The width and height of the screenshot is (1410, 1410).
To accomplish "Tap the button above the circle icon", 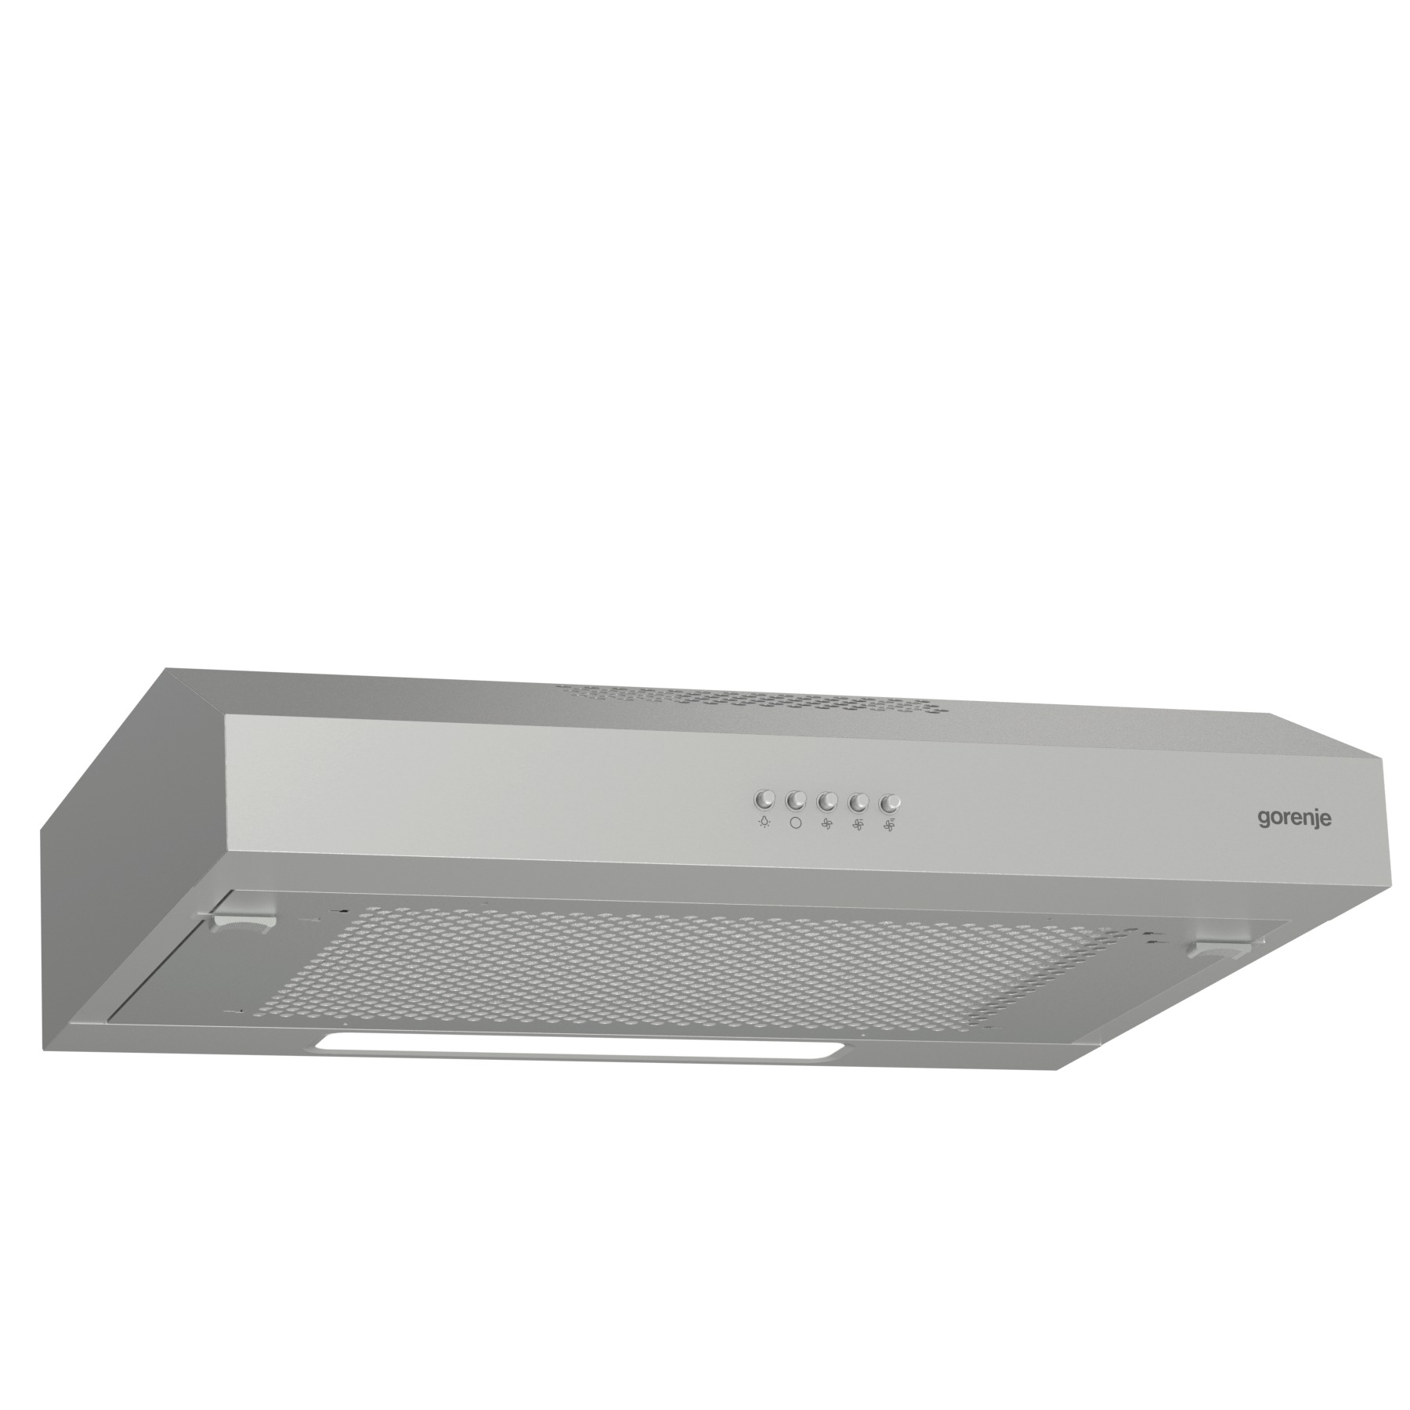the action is (x=795, y=801).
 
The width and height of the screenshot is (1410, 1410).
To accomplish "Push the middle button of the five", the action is (x=826, y=801).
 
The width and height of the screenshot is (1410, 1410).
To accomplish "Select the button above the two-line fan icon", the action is (x=859, y=802).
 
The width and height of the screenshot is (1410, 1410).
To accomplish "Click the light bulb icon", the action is (x=764, y=823).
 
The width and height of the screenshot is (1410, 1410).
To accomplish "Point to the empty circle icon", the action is (x=796, y=823).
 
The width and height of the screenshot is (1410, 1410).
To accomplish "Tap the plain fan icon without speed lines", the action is (x=826, y=824).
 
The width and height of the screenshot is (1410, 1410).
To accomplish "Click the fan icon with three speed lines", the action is (x=889, y=826).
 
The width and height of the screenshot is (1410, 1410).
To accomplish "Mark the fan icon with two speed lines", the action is (x=858, y=825).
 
